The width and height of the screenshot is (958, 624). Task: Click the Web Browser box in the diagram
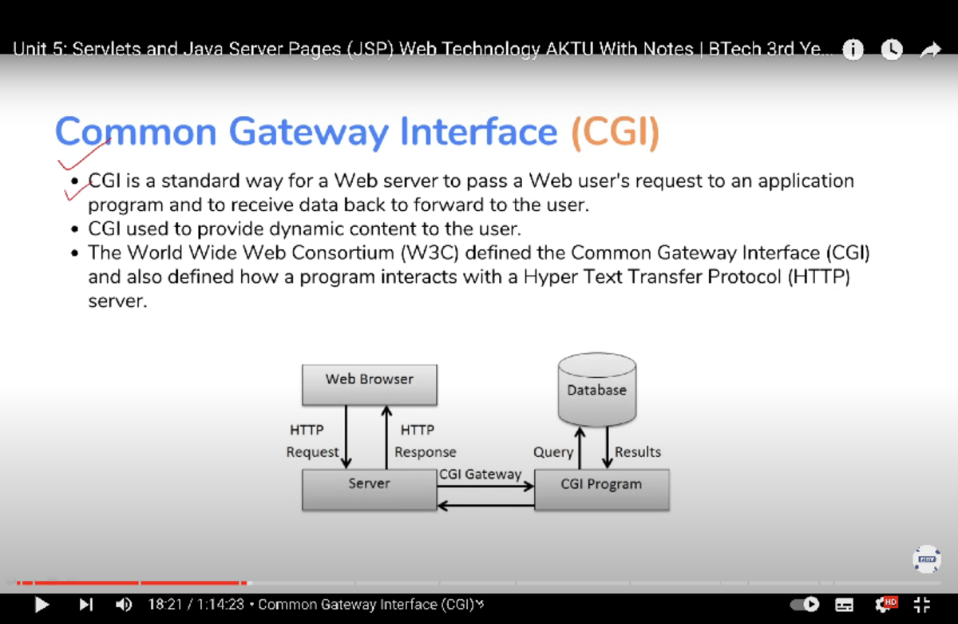tap(369, 384)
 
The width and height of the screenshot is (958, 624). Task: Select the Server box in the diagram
tap(369, 489)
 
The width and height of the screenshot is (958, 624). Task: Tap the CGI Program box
tap(601, 489)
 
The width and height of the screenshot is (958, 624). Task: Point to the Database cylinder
tap(596, 391)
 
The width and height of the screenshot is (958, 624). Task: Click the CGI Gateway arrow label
tap(480, 474)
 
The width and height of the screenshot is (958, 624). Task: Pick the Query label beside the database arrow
tap(553, 452)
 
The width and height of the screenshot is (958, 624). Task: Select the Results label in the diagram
tap(638, 452)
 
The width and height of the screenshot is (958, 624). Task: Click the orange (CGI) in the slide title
tap(615, 132)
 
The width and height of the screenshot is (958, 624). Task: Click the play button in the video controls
tap(42, 605)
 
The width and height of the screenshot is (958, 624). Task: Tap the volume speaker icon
tap(124, 605)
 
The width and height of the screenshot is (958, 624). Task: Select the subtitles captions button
tap(845, 605)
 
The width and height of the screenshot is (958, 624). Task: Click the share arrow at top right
tap(930, 50)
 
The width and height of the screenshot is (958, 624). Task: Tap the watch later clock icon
tap(892, 50)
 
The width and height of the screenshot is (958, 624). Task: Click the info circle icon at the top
tap(853, 50)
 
